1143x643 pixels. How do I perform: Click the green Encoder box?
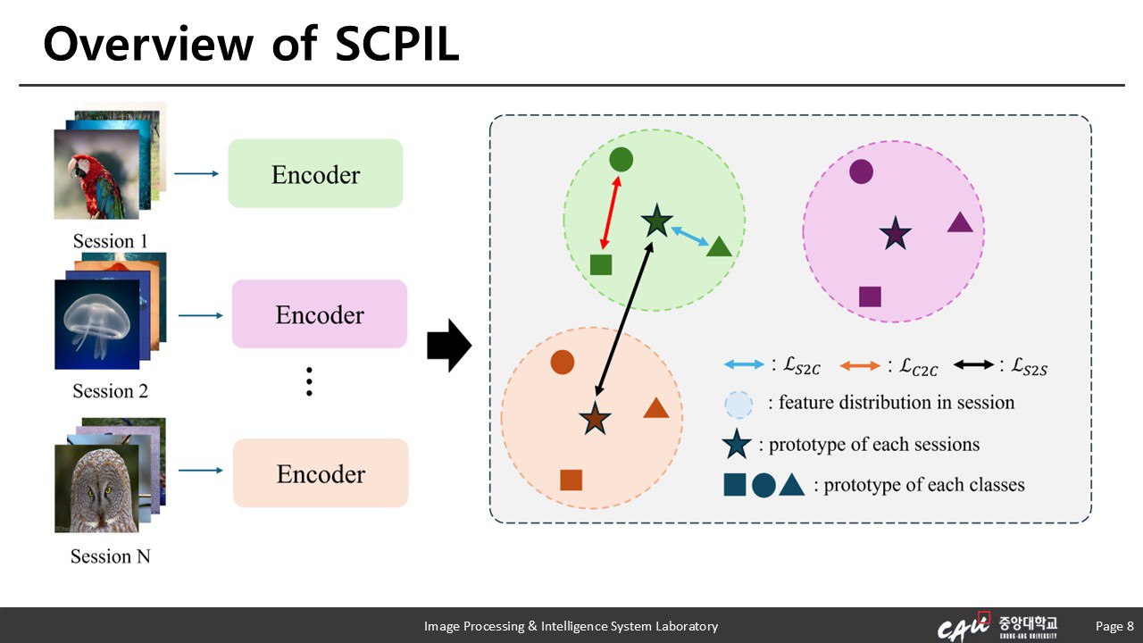coord(315,173)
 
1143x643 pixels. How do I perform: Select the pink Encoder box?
coord(319,314)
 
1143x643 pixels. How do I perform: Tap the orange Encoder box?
coord(321,473)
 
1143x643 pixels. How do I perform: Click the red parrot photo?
coord(96,175)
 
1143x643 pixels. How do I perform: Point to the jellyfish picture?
coord(96,323)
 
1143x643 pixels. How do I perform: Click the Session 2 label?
coord(111,391)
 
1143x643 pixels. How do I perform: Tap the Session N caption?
coord(111,556)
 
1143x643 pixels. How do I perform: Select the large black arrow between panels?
coord(448,346)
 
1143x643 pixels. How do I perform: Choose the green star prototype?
coord(656,221)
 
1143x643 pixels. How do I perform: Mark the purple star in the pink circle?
coord(895,234)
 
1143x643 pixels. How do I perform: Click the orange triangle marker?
coord(656,409)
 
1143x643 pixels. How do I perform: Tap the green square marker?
coord(601,264)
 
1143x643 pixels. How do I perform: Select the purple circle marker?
coord(861,171)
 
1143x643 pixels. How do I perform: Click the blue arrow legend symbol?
coord(743,365)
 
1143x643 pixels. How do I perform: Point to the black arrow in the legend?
coord(973,365)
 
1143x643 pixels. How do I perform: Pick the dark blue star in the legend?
coord(737,444)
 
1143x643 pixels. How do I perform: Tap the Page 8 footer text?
coord(1114,626)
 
